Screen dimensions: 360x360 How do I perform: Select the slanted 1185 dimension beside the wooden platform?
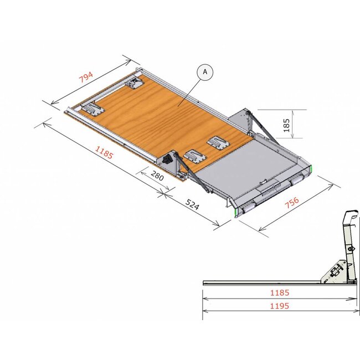click(x=104, y=152)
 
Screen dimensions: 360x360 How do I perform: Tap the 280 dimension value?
click(x=157, y=178)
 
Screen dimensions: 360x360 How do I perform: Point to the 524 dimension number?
click(x=192, y=205)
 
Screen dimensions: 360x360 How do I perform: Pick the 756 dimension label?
click(x=293, y=202)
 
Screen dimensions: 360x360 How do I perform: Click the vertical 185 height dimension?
click(x=286, y=125)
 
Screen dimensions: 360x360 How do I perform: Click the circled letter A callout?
click(x=205, y=71)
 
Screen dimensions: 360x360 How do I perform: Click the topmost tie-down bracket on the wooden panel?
click(x=135, y=83)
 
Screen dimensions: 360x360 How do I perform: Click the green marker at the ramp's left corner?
click(x=236, y=212)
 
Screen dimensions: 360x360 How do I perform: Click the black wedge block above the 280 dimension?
click(x=167, y=161)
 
